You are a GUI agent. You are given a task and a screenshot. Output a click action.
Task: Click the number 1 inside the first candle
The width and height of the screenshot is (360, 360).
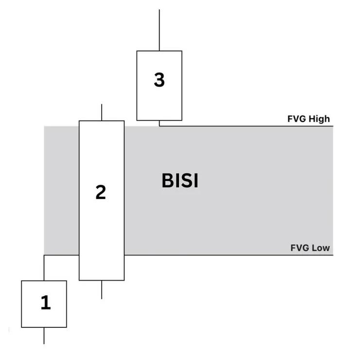tap(45, 303)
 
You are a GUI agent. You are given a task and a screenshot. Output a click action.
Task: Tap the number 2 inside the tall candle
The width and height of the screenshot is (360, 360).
tap(101, 193)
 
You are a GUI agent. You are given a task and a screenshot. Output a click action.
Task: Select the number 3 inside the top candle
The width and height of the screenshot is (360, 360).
tap(159, 80)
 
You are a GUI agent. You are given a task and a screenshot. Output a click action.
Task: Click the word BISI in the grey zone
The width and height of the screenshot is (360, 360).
tap(180, 181)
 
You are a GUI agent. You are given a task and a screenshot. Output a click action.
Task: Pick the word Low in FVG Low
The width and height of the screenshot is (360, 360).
tap(321, 248)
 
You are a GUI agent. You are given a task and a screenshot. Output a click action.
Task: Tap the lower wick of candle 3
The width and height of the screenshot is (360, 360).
tap(159, 123)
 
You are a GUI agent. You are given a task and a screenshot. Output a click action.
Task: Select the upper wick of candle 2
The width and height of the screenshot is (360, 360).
tap(101, 112)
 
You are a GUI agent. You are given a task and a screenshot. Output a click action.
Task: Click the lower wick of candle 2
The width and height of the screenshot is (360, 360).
tap(101, 289)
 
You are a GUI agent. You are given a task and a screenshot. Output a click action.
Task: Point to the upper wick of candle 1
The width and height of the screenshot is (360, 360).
tap(44, 268)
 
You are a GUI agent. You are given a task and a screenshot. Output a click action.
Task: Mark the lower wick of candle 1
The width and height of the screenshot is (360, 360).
tap(44, 336)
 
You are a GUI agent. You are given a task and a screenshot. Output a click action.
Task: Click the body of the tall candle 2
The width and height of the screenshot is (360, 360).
tap(101, 234)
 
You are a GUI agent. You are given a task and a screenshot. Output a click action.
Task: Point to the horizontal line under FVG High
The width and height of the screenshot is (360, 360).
tap(243, 126)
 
